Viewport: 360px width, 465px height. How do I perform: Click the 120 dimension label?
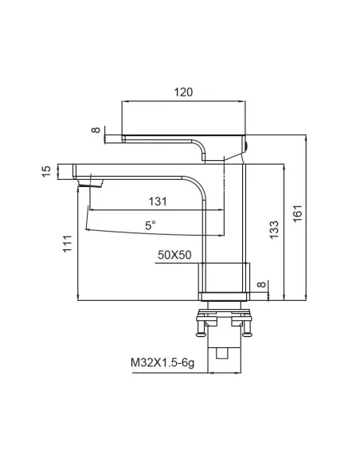click(183, 92)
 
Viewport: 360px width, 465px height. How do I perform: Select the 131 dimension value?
click(158, 201)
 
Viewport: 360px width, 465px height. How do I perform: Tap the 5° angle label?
click(150, 225)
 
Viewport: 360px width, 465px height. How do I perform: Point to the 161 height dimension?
click(297, 213)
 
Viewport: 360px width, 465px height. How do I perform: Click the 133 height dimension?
click(274, 229)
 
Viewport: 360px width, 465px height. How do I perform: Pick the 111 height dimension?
click(68, 243)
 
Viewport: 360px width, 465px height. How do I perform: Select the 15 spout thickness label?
click(46, 172)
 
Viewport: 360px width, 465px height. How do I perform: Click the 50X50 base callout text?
click(174, 255)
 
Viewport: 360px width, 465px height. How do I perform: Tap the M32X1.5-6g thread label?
click(162, 363)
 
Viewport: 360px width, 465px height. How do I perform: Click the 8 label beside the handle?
click(96, 130)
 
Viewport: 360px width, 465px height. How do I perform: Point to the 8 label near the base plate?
click(261, 284)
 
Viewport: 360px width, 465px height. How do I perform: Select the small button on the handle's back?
click(247, 146)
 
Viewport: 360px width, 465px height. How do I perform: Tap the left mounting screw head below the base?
click(201, 334)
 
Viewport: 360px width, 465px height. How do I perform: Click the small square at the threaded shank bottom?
click(221, 354)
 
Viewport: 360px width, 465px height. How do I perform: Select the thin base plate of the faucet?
click(224, 296)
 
